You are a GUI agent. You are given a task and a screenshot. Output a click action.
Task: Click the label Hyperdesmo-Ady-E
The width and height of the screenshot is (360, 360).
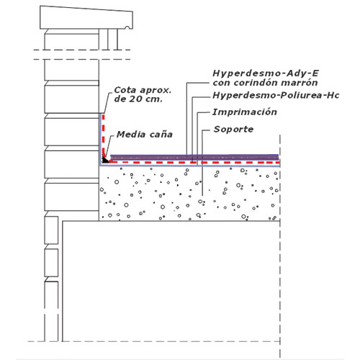tap(266, 73)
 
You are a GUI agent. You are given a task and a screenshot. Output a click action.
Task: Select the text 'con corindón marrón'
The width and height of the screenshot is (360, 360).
tap(265, 83)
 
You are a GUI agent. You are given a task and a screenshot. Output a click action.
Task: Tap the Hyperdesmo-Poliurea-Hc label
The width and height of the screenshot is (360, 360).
tap(276, 96)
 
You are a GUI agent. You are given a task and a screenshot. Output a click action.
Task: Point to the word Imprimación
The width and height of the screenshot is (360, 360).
tap(245, 112)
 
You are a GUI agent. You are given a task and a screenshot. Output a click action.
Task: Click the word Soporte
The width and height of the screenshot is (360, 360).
tap(233, 129)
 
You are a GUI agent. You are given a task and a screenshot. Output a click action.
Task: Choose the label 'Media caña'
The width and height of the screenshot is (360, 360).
tap(145, 135)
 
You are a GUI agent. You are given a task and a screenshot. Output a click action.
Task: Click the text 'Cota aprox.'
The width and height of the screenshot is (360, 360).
tap(143, 90)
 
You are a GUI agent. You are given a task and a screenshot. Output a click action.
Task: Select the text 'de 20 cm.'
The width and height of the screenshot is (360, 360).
tap(138, 99)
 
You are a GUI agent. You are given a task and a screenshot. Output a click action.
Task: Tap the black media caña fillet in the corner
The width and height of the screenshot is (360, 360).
tap(105, 160)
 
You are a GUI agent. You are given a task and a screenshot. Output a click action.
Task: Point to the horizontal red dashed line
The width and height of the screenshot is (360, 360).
tap(194, 163)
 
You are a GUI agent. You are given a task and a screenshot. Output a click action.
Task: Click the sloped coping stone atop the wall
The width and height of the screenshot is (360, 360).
tap(86, 18)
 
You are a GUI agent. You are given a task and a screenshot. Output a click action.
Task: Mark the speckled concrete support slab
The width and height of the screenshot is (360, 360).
tap(189, 193)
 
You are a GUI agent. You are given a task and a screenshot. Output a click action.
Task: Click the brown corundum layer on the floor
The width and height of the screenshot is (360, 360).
tap(194, 158)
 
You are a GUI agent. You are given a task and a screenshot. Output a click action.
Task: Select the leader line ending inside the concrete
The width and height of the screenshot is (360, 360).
tap(202, 163)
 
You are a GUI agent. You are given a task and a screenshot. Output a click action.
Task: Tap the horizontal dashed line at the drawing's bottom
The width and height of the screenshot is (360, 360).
tap(153, 341)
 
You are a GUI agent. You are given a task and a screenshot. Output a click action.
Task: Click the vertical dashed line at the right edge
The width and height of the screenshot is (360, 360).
tap(280, 246)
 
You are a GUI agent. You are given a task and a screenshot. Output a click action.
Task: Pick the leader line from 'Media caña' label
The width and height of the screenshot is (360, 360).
tap(109, 147)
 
